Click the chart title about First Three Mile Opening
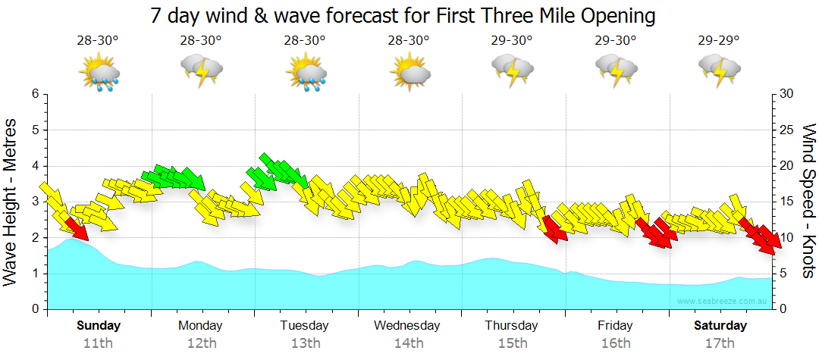(403, 15)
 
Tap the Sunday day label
(99, 326)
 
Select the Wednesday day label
(407, 326)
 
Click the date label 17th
(719, 343)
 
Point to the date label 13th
(304, 343)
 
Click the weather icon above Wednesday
(409, 71)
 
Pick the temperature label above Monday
(201, 40)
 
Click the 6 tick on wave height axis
(34, 94)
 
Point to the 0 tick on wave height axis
(34, 309)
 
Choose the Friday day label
(615, 326)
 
